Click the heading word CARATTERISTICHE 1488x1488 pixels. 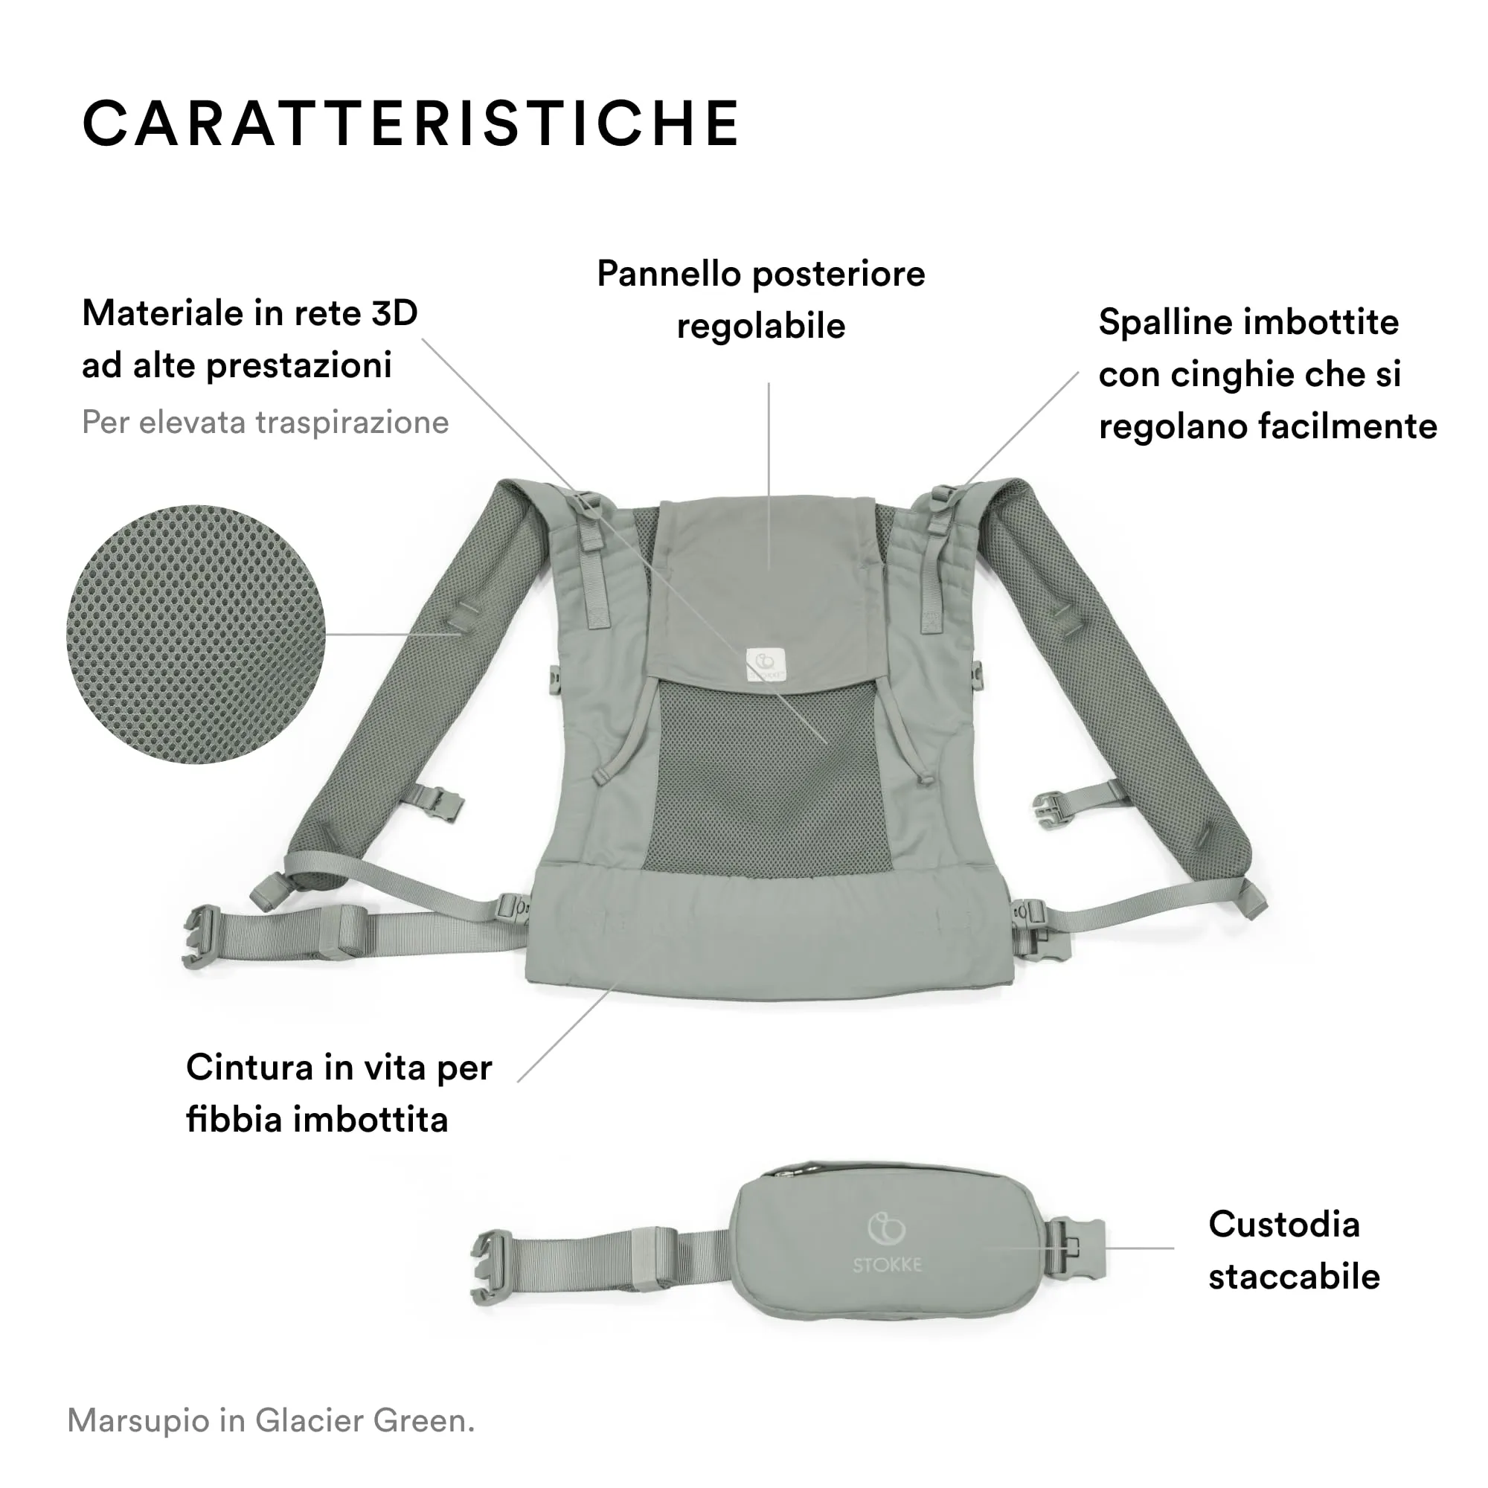[411, 123]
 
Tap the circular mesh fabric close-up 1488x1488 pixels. [196, 634]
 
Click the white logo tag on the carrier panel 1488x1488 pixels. [765, 663]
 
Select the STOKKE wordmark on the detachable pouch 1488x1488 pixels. [887, 1265]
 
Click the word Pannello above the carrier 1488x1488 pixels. [668, 275]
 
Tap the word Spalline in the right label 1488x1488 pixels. [1158, 323]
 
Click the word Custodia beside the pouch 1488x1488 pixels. [1283, 1224]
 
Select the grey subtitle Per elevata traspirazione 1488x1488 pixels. [265, 422]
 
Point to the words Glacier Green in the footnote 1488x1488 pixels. [365, 1420]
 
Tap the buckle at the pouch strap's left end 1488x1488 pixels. [490, 1269]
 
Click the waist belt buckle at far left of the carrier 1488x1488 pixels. [199, 935]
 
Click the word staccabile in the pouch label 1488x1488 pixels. [1293, 1277]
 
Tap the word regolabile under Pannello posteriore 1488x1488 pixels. [760, 327]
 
